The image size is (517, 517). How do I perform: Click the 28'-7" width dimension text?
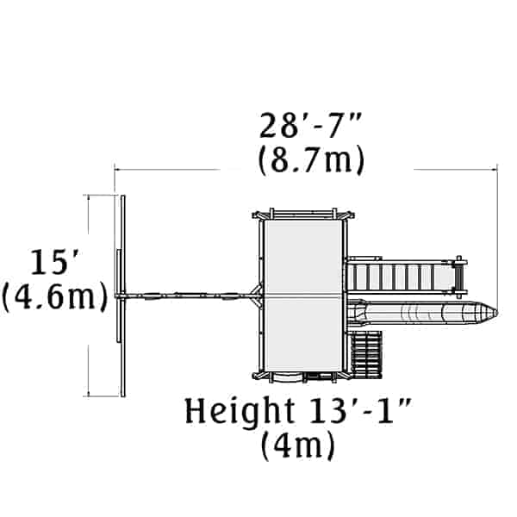coord(310,126)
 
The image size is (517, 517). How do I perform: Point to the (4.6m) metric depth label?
coord(55,297)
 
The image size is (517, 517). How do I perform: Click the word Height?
coord(240,412)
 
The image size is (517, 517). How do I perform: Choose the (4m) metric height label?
coord(298,445)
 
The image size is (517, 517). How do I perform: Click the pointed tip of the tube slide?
coord(496,312)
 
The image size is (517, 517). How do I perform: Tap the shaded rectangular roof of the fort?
coord(303,296)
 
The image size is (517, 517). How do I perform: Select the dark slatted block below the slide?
coord(365,354)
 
